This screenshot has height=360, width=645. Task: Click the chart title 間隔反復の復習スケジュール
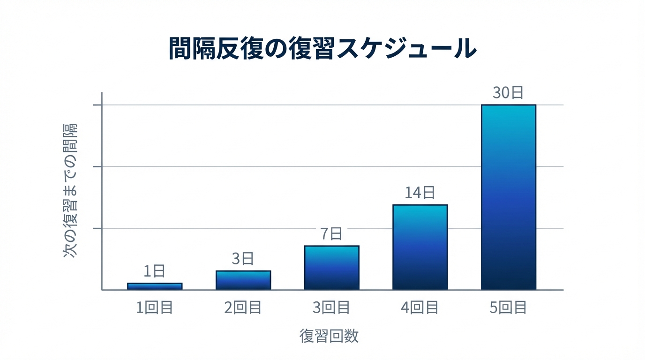(x=322, y=48)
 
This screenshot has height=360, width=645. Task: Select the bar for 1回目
(x=155, y=286)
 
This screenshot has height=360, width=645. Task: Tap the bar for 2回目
(x=243, y=280)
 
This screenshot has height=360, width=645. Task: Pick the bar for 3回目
(x=331, y=267)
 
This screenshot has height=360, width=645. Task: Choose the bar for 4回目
(x=420, y=247)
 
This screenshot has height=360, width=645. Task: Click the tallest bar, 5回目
(x=508, y=197)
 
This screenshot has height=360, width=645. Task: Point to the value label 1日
(x=154, y=271)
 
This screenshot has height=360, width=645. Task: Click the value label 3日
(x=243, y=258)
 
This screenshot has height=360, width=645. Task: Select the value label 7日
(x=331, y=233)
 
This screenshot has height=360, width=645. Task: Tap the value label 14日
(x=420, y=192)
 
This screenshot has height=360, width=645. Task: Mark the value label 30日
(x=508, y=92)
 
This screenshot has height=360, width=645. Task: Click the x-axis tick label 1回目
(x=155, y=307)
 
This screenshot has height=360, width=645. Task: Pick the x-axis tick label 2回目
(x=243, y=307)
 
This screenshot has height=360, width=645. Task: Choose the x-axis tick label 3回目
(x=331, y=307)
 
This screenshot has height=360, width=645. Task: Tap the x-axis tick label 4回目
(x=420, y=307)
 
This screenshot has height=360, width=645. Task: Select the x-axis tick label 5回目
(x=508, y=307)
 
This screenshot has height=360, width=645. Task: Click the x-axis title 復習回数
(x=329, y=336)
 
